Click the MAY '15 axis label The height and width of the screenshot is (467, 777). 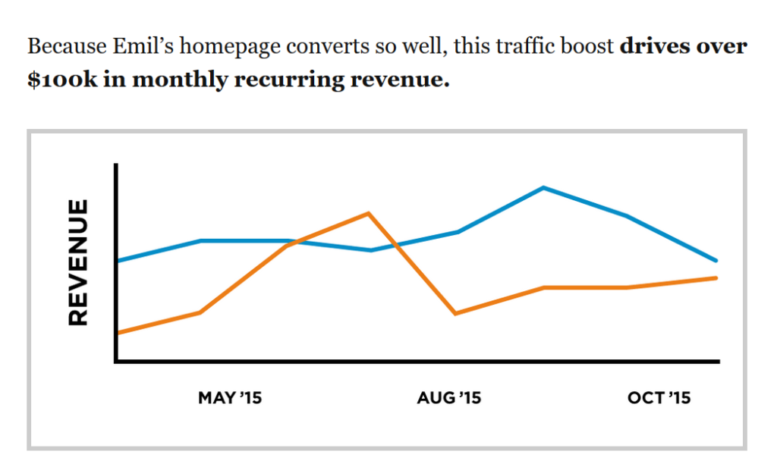click(230, 397)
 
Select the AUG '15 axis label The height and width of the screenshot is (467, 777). click(449, 397)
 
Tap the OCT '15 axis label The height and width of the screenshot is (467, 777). click(659, 397)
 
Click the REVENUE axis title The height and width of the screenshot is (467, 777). click(79, 262)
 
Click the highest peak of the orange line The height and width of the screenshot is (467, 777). click(368, 213)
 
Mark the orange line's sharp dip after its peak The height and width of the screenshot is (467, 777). click(455, 313)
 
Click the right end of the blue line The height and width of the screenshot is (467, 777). click(716, 261)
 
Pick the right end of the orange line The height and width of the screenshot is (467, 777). click(716, 278)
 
